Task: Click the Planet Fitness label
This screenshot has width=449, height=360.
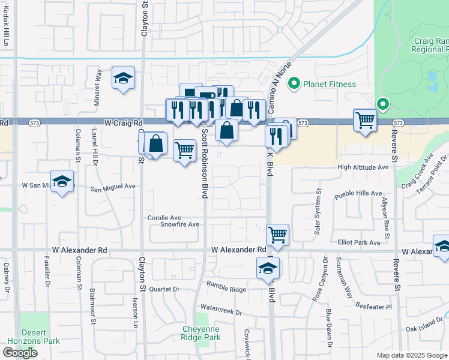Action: point(330,84)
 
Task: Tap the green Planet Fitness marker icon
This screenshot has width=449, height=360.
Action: point(294,83)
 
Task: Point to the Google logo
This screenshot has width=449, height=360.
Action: point(20,353)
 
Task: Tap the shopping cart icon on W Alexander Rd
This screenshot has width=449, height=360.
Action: point(277,235)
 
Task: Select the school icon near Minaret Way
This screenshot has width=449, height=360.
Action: point(123,79)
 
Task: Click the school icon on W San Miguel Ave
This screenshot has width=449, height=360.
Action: point(62,182)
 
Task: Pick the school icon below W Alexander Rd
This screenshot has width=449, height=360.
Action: point(268,268)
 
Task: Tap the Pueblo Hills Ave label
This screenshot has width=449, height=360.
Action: point(359,194)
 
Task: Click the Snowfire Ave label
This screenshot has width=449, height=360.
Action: point(179,224)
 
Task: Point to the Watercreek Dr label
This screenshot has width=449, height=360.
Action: point(221,313)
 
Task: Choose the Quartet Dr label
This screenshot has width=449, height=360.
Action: point(164,289)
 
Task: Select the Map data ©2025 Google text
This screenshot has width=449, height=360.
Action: point(411,355)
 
